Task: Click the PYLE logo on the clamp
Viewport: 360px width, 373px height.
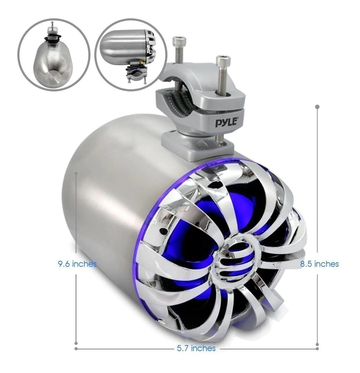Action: pyautogui.click(x=226, y=123)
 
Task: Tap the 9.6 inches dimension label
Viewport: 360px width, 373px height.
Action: pyautogui.click(x=77, y=264)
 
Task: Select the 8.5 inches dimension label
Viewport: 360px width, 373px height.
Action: pyautogui.click(x=319, y=264)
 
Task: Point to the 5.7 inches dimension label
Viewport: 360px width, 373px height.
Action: pyautogui.click(x=196, y=348)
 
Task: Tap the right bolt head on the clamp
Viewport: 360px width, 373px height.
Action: pyautogui.click(x=222, y=58)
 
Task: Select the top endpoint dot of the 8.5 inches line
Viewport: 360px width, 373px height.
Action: pyautogui.click(x=317, y=107)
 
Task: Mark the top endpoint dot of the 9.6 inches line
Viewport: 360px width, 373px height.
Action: pyautogui.click(x=76, y=173)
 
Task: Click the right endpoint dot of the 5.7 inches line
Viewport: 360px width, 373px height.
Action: pyautogui.click(x=317, y=348)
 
